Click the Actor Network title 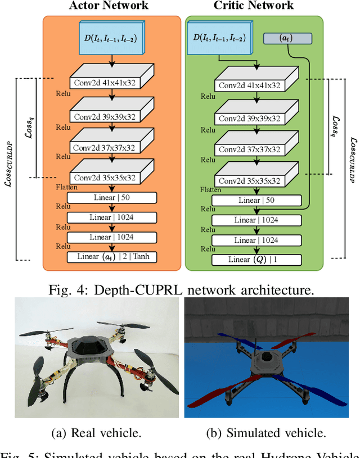coord(109,6)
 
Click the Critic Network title coord(253,6)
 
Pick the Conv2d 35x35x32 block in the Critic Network coord(249,182)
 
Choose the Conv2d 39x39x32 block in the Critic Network coord(249,119)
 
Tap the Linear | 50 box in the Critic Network coord(257,201)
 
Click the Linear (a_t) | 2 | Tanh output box coord(112,257)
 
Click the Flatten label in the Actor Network coord(67,187)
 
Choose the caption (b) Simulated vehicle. coord(271,433)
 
